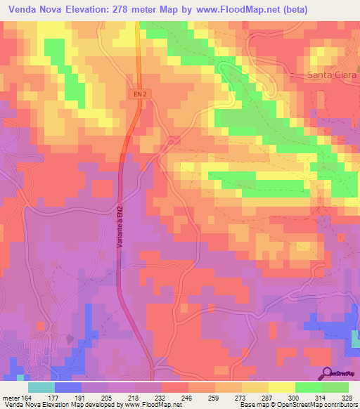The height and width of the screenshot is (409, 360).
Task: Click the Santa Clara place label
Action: [x=333, y=74]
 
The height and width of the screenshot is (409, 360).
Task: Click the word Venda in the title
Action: [x=25, y=9]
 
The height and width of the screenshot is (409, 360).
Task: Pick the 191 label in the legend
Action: [x=80, y=397]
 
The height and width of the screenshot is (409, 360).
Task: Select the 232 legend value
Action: [x=162, y=397]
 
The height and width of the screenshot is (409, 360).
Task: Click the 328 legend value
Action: [x=348, y=397]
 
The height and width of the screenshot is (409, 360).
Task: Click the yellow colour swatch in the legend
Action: [x=281, y=387]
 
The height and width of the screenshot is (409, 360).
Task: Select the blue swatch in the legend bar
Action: [x=67, y=387]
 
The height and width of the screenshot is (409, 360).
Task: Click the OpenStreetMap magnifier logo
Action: [x=327, y=372]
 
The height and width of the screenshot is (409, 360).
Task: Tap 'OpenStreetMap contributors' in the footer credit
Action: [x=311, y=405]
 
